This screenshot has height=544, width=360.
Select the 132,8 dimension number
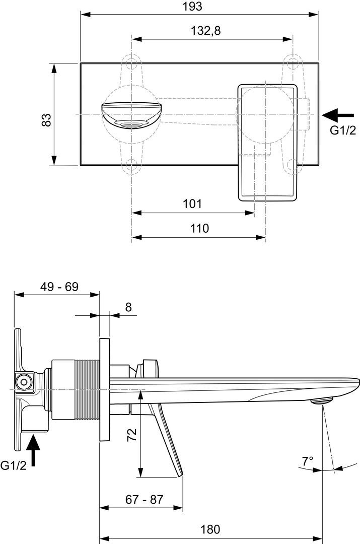tap(205, 31)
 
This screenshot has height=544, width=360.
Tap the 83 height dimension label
tap(46, 120)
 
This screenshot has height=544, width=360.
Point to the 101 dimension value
tap(192, 203)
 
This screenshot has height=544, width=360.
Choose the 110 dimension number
tap(200, 228)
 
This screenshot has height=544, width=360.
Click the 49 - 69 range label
tap(59, 287)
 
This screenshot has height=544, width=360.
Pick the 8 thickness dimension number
tap(129, 307)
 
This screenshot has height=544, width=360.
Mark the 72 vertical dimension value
tap(132, 434)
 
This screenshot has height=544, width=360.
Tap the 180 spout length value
tap(210, 529)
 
